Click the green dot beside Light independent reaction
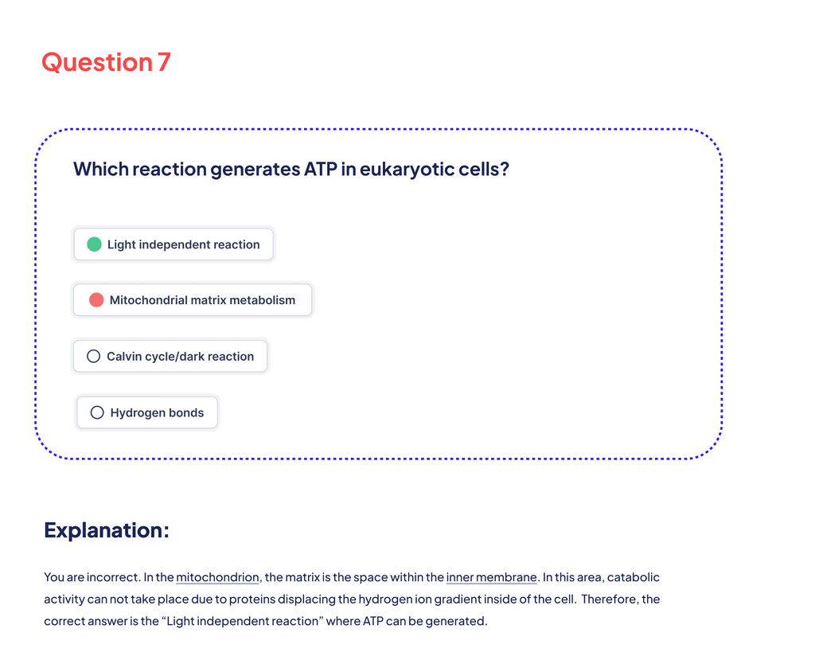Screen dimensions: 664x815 tap(94, 244)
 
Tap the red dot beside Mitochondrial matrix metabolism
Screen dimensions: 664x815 tap(96, 300)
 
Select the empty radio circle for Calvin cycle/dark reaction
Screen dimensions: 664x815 tap(93, 357)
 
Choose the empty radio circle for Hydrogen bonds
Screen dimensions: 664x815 tap(97, 412)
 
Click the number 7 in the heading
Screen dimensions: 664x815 tap(164, 62)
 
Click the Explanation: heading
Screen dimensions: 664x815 tap(107, 530)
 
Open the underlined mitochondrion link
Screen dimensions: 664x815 tap(217, 577)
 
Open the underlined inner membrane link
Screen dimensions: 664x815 tap(491, 577)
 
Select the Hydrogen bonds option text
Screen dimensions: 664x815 tap(157, 412)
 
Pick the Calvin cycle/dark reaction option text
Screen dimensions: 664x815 tap(181, 357)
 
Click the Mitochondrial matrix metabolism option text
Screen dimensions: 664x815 tap(202, 300)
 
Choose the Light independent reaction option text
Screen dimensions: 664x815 tap(184, 244)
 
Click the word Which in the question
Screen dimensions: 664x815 tap(100, 170)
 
